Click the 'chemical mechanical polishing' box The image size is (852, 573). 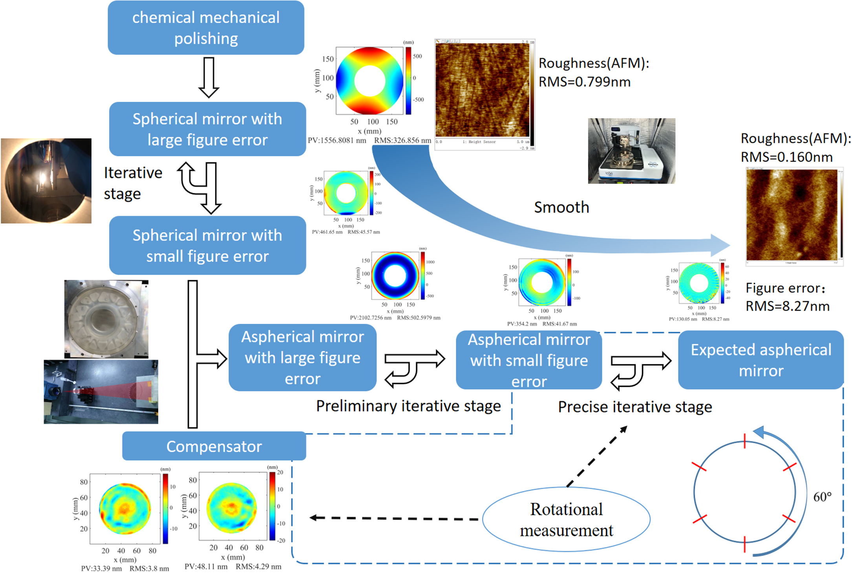pyautogui.click(x=206, y=28)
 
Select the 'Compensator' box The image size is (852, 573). pyautogui.click(x=214, y=446)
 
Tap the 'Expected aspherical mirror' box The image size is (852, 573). pyautogui.click(x=761, y=360)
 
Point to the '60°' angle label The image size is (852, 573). pyautogui.click(x=822, y=497)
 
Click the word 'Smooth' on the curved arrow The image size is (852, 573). pyautogui.click(x=561, y=207)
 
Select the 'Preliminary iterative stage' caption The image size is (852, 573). pyautogui.click(x=408, y=406)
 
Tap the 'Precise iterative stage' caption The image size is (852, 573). pyautogui.click(x=635, y=407)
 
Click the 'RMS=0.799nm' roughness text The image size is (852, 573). pyautogui.click(x=584, y=82)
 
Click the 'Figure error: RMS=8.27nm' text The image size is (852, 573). pyautogui.click(x=787, y=297)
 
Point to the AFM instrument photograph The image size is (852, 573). pyautogui.click(x=631, y=151)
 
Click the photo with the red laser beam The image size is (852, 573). pyautogui.click(x=101, y=392)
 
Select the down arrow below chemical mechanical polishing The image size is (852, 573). pyautogui.click(x=208, y=77)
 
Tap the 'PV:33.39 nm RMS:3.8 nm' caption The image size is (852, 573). pyautogui.click(x=125, y=569)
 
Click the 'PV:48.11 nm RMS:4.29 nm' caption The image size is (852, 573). pyautogui.click(x=233, y=567)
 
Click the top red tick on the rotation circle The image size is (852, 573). pyautogui.click(x=744, y=441)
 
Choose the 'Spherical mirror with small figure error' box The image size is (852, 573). pyautogui.click(x=207, y=245)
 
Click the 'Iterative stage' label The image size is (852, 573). pyautogui.click(x=133, y=183)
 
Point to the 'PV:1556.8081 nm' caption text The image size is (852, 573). pyautogui.click(x=337, y=140)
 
